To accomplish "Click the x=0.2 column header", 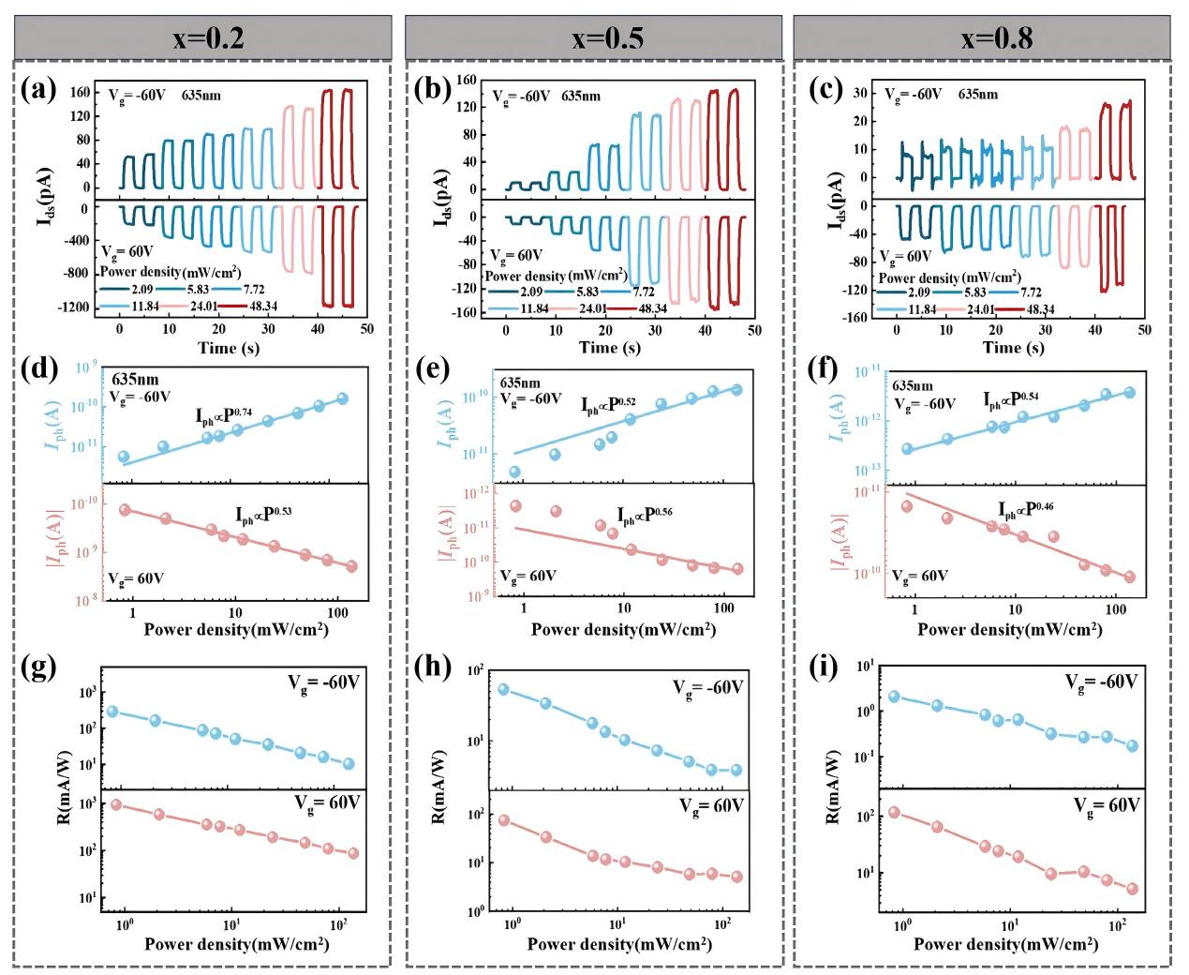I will click(202, 38).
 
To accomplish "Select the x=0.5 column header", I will click(594, 38).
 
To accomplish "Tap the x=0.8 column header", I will click(982, 38).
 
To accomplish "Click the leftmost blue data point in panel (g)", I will click(112, 712).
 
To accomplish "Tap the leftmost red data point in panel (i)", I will click(894, 812).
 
